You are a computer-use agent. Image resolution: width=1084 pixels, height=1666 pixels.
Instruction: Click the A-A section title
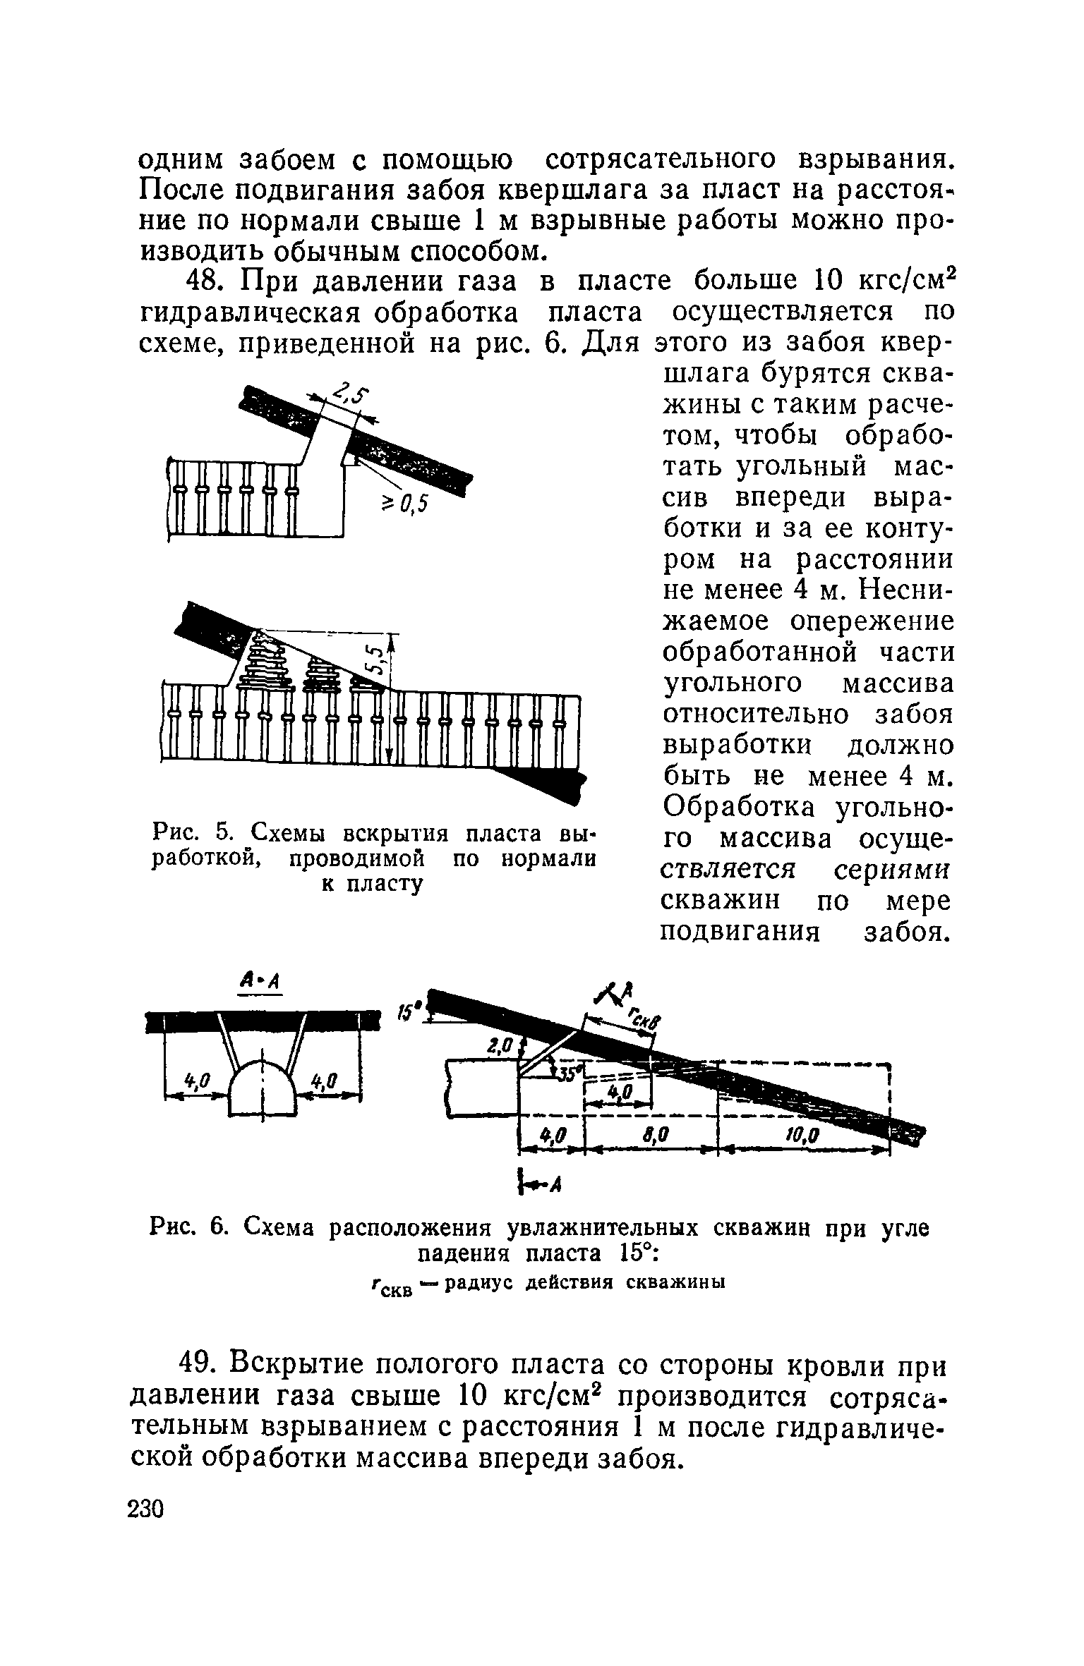point(260,980)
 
